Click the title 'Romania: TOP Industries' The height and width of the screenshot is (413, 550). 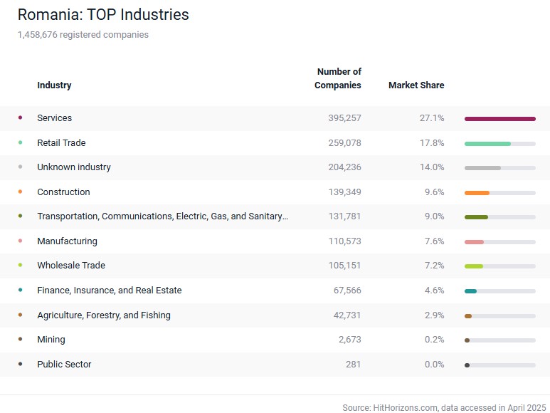click(103, 14)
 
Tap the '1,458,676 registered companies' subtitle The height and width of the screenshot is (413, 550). click(83, 34)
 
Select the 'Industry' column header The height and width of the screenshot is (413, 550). click(54, 85)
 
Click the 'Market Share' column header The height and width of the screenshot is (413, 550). click(416, 85)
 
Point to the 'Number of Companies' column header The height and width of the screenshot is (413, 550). click(338, 78)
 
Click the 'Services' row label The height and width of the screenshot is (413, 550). click(54, 118)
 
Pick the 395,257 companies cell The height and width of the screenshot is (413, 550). click(344, 118)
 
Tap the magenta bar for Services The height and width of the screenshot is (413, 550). click(499, 119)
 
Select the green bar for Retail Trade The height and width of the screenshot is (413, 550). click(487, 143)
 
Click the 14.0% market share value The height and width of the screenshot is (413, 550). click(431, 167)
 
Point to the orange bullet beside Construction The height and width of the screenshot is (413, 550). click(20, 192)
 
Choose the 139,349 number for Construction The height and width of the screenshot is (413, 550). click(344, 192)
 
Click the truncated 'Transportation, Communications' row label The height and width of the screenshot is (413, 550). click(162, 216)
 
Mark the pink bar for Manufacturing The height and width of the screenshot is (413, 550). click(474, 241)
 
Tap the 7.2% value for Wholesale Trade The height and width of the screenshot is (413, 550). click(433, 266)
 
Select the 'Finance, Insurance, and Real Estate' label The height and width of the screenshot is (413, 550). click(109, 291)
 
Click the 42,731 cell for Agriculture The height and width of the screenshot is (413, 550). click(347, 315)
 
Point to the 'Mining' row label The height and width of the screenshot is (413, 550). click(51, 340)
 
